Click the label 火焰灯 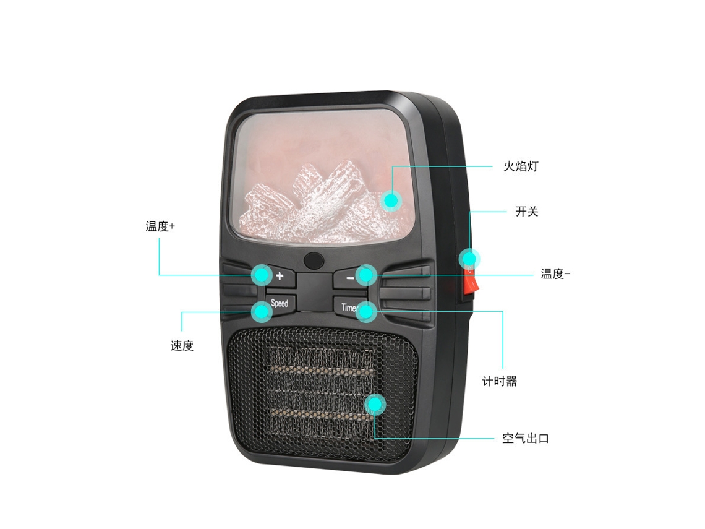521,166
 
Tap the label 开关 526,212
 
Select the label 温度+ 160,226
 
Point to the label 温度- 555,273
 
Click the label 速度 182,345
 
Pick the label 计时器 500,382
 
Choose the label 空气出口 526,438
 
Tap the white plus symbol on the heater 280,276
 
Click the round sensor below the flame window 314,260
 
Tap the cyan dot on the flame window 391,200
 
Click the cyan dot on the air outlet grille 375,405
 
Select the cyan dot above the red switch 469,259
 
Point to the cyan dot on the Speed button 262,311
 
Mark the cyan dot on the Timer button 366,311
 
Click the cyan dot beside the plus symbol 262,275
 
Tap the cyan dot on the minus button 365,275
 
